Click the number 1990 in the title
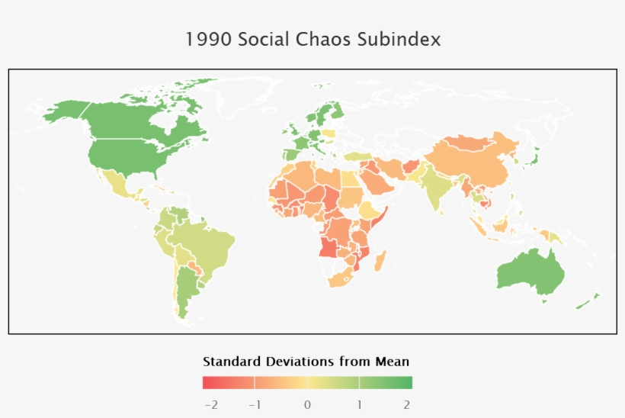(x=209, y=40)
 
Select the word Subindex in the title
(x=399, y=40)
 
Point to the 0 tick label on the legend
(x=307, y=404)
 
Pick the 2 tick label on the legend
(x=407, y=404)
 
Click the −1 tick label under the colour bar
(x=255, y=404)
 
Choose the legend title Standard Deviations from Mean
(x=306, y=361)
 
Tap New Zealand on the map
(x=587, y=301)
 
